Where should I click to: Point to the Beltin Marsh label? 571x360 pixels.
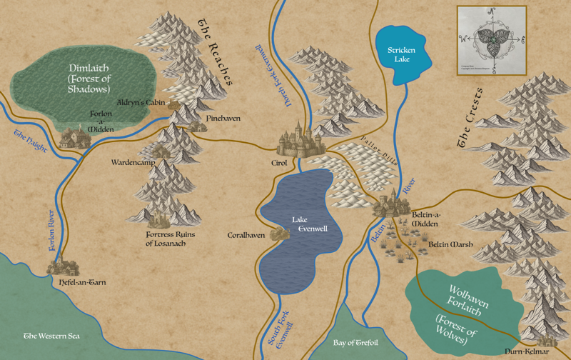[x=448, y=244]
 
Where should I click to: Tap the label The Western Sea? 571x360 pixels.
[x=52, y=335]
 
